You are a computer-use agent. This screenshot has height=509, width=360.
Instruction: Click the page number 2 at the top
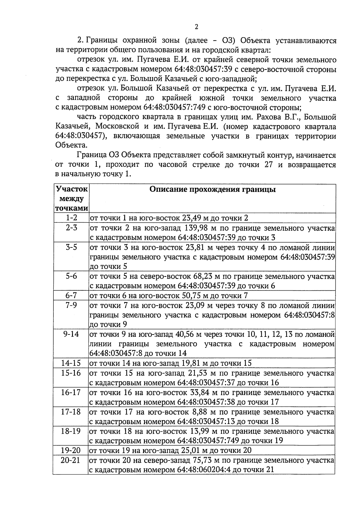click(x=196, y=27)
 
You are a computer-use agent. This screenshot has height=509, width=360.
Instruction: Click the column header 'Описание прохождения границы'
click(x=212, y=190)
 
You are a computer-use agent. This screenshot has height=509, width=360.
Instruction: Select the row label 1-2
click(x=71, y=218)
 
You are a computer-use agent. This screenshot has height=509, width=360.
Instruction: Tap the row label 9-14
click(x=71, y=334)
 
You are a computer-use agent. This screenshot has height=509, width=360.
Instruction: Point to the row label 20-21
click(x=71, y=460)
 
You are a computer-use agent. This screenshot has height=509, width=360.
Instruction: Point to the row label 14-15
click(x=71, y=363)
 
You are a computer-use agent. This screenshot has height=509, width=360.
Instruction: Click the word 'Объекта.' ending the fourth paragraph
click(x=71, y=145)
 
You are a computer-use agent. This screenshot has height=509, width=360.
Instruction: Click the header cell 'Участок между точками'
click(x=71, y=199)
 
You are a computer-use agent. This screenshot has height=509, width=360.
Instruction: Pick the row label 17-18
click(x=71, y=412)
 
